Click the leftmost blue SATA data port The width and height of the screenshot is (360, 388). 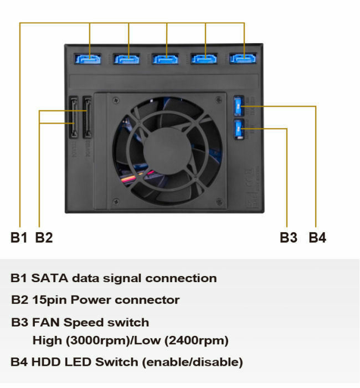(x=89, y=58)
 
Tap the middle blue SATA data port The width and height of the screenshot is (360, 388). (x=167, y=58)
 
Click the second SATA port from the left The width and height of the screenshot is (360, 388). (x=128, y=58)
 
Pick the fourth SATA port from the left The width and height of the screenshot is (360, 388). (x=205, y=58)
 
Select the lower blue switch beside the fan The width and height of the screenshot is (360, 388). (x=238, y=129)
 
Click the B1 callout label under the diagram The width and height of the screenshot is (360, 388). (x=19, y=238)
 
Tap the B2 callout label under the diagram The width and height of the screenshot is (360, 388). (x=44, y=238)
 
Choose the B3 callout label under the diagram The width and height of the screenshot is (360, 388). (x=289, y=238)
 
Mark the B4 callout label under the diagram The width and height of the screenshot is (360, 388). (x=317, y=238)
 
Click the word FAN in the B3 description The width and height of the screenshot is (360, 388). (x=46, y=323)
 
